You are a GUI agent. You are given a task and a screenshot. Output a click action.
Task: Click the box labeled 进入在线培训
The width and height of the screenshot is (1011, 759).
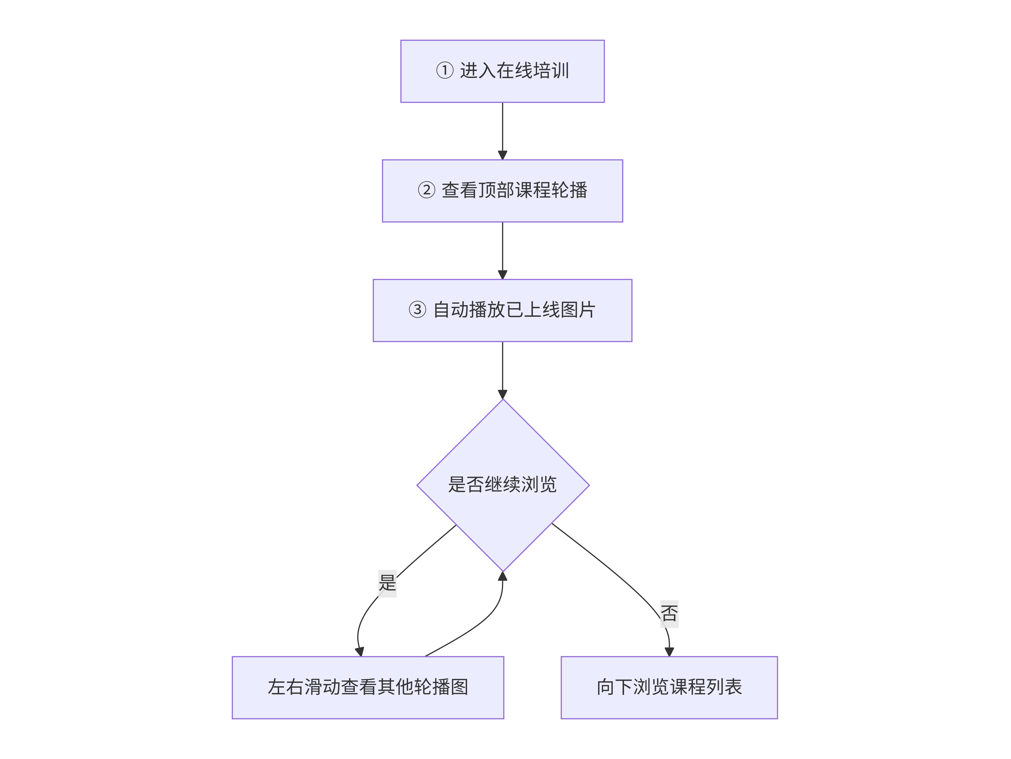[x=502, y=71]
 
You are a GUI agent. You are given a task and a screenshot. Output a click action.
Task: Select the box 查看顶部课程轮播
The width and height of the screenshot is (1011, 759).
[x=502, y=191]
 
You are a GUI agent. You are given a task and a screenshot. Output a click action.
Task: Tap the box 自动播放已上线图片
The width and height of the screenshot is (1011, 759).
[x=502, y=310]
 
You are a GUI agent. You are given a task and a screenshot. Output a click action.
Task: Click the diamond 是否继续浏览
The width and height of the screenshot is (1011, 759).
[x=503, y=485]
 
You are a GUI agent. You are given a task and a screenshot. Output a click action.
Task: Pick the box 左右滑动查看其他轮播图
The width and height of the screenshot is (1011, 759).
[x=368, y=687]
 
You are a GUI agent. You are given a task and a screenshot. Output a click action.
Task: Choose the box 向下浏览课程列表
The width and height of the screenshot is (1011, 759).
[x=669, y=687]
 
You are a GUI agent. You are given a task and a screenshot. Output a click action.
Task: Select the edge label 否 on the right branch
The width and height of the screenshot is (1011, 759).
[x=669, y=614]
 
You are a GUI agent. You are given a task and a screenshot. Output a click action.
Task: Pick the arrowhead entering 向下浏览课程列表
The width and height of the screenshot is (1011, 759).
[x=669, y=652]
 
